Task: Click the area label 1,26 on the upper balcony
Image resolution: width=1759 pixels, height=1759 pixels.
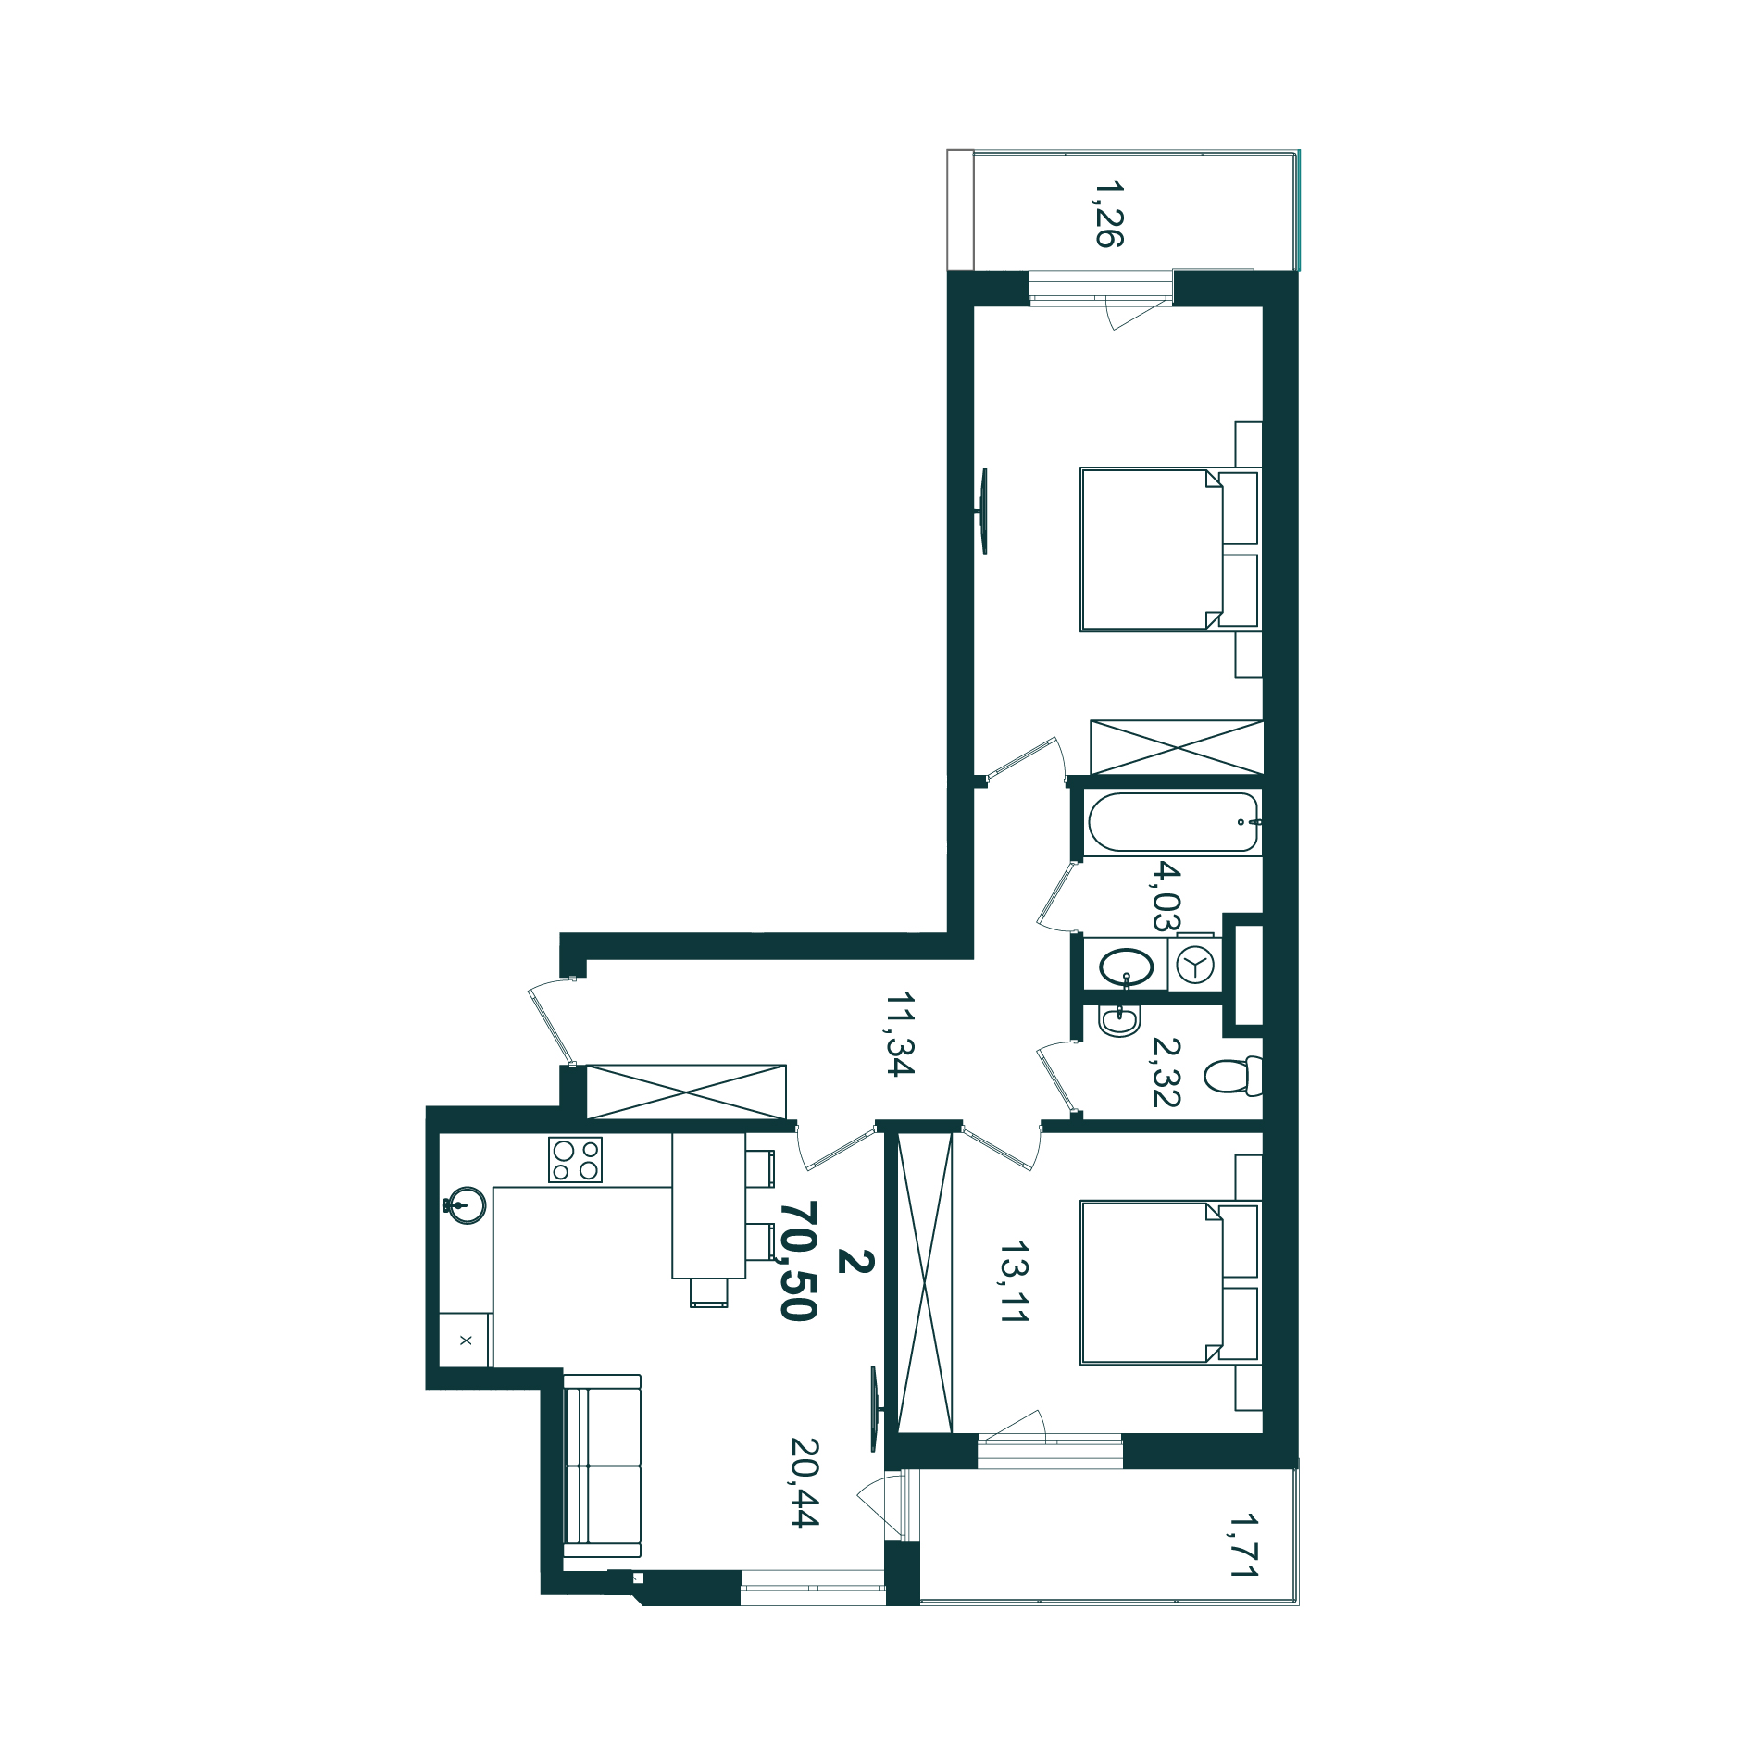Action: click(1109, 214)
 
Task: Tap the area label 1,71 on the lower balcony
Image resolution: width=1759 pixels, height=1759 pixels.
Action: click(1243, 1545)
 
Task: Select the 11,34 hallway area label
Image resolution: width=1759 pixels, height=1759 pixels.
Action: click(900, 1034)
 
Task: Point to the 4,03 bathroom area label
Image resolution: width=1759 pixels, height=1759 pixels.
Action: click(1166, 895)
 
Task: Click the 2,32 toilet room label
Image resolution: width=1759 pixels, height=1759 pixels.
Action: click(1166, 1072)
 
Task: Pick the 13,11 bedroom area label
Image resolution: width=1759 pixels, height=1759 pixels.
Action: click(1014, 1282)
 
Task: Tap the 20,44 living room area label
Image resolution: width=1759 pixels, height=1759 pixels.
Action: click(805, 1482)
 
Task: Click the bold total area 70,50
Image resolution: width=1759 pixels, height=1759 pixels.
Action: click(798, 1261)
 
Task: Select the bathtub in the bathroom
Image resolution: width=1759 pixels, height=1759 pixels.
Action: click(1173, 822)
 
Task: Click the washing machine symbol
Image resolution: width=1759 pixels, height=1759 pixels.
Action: click(1195, 965)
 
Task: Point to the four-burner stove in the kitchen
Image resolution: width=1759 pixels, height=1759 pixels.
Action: click(575, 1160)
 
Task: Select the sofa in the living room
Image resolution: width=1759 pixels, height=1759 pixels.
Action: click(602, 1472)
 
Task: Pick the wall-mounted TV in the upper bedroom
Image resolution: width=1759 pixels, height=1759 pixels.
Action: click(983, 511)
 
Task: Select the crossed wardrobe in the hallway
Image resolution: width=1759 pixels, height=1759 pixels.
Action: click(686, 1092)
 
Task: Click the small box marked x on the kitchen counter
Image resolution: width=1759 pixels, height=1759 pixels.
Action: click(465, 1340)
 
